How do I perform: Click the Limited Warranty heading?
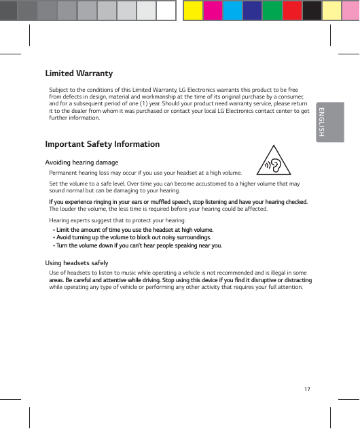79,73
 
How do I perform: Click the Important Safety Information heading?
103,144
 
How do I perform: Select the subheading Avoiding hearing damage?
82,162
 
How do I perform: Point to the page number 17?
308,389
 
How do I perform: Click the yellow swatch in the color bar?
194,10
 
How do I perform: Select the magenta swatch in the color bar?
213,10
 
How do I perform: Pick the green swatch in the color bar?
272,10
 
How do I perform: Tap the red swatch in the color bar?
292,10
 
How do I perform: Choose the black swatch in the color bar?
312,10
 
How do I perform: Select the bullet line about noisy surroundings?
132,238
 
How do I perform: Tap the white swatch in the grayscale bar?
166,10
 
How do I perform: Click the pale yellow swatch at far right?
331,10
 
